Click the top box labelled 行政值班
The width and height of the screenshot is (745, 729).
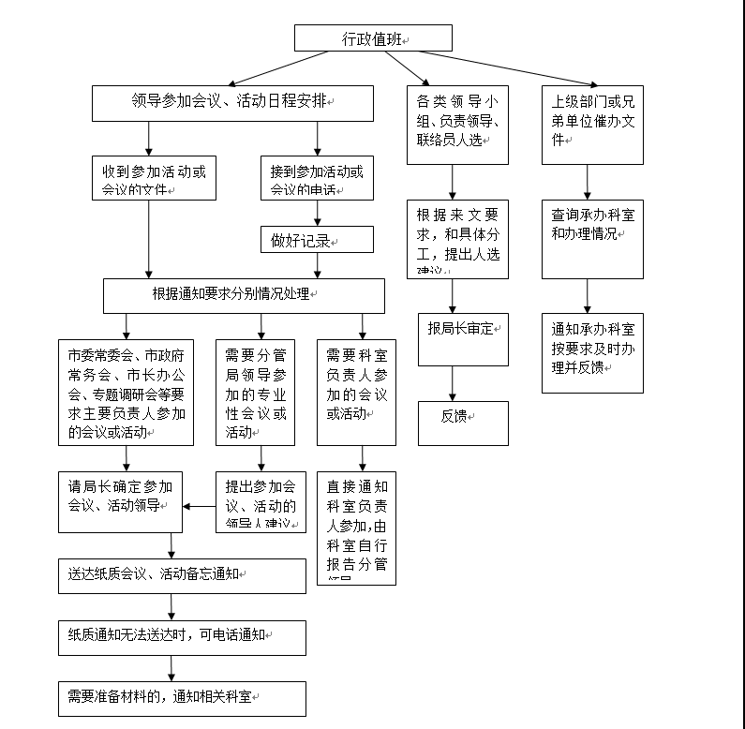373,37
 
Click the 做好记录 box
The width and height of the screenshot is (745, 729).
317,240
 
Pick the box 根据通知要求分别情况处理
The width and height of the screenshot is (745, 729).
244,295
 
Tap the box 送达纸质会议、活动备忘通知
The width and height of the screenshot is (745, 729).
182,575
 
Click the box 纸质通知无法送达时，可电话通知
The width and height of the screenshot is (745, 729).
182,638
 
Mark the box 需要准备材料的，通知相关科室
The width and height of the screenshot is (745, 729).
182,698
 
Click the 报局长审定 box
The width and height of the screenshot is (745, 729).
463,338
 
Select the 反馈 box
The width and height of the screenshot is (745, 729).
463,423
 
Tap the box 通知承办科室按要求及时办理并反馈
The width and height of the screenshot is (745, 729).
592,352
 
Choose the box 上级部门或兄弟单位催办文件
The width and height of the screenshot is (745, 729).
592,125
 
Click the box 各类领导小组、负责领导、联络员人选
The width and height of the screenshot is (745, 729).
457,125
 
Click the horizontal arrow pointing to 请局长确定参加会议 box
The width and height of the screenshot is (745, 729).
200,507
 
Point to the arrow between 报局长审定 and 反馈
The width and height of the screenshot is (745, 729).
454,383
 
